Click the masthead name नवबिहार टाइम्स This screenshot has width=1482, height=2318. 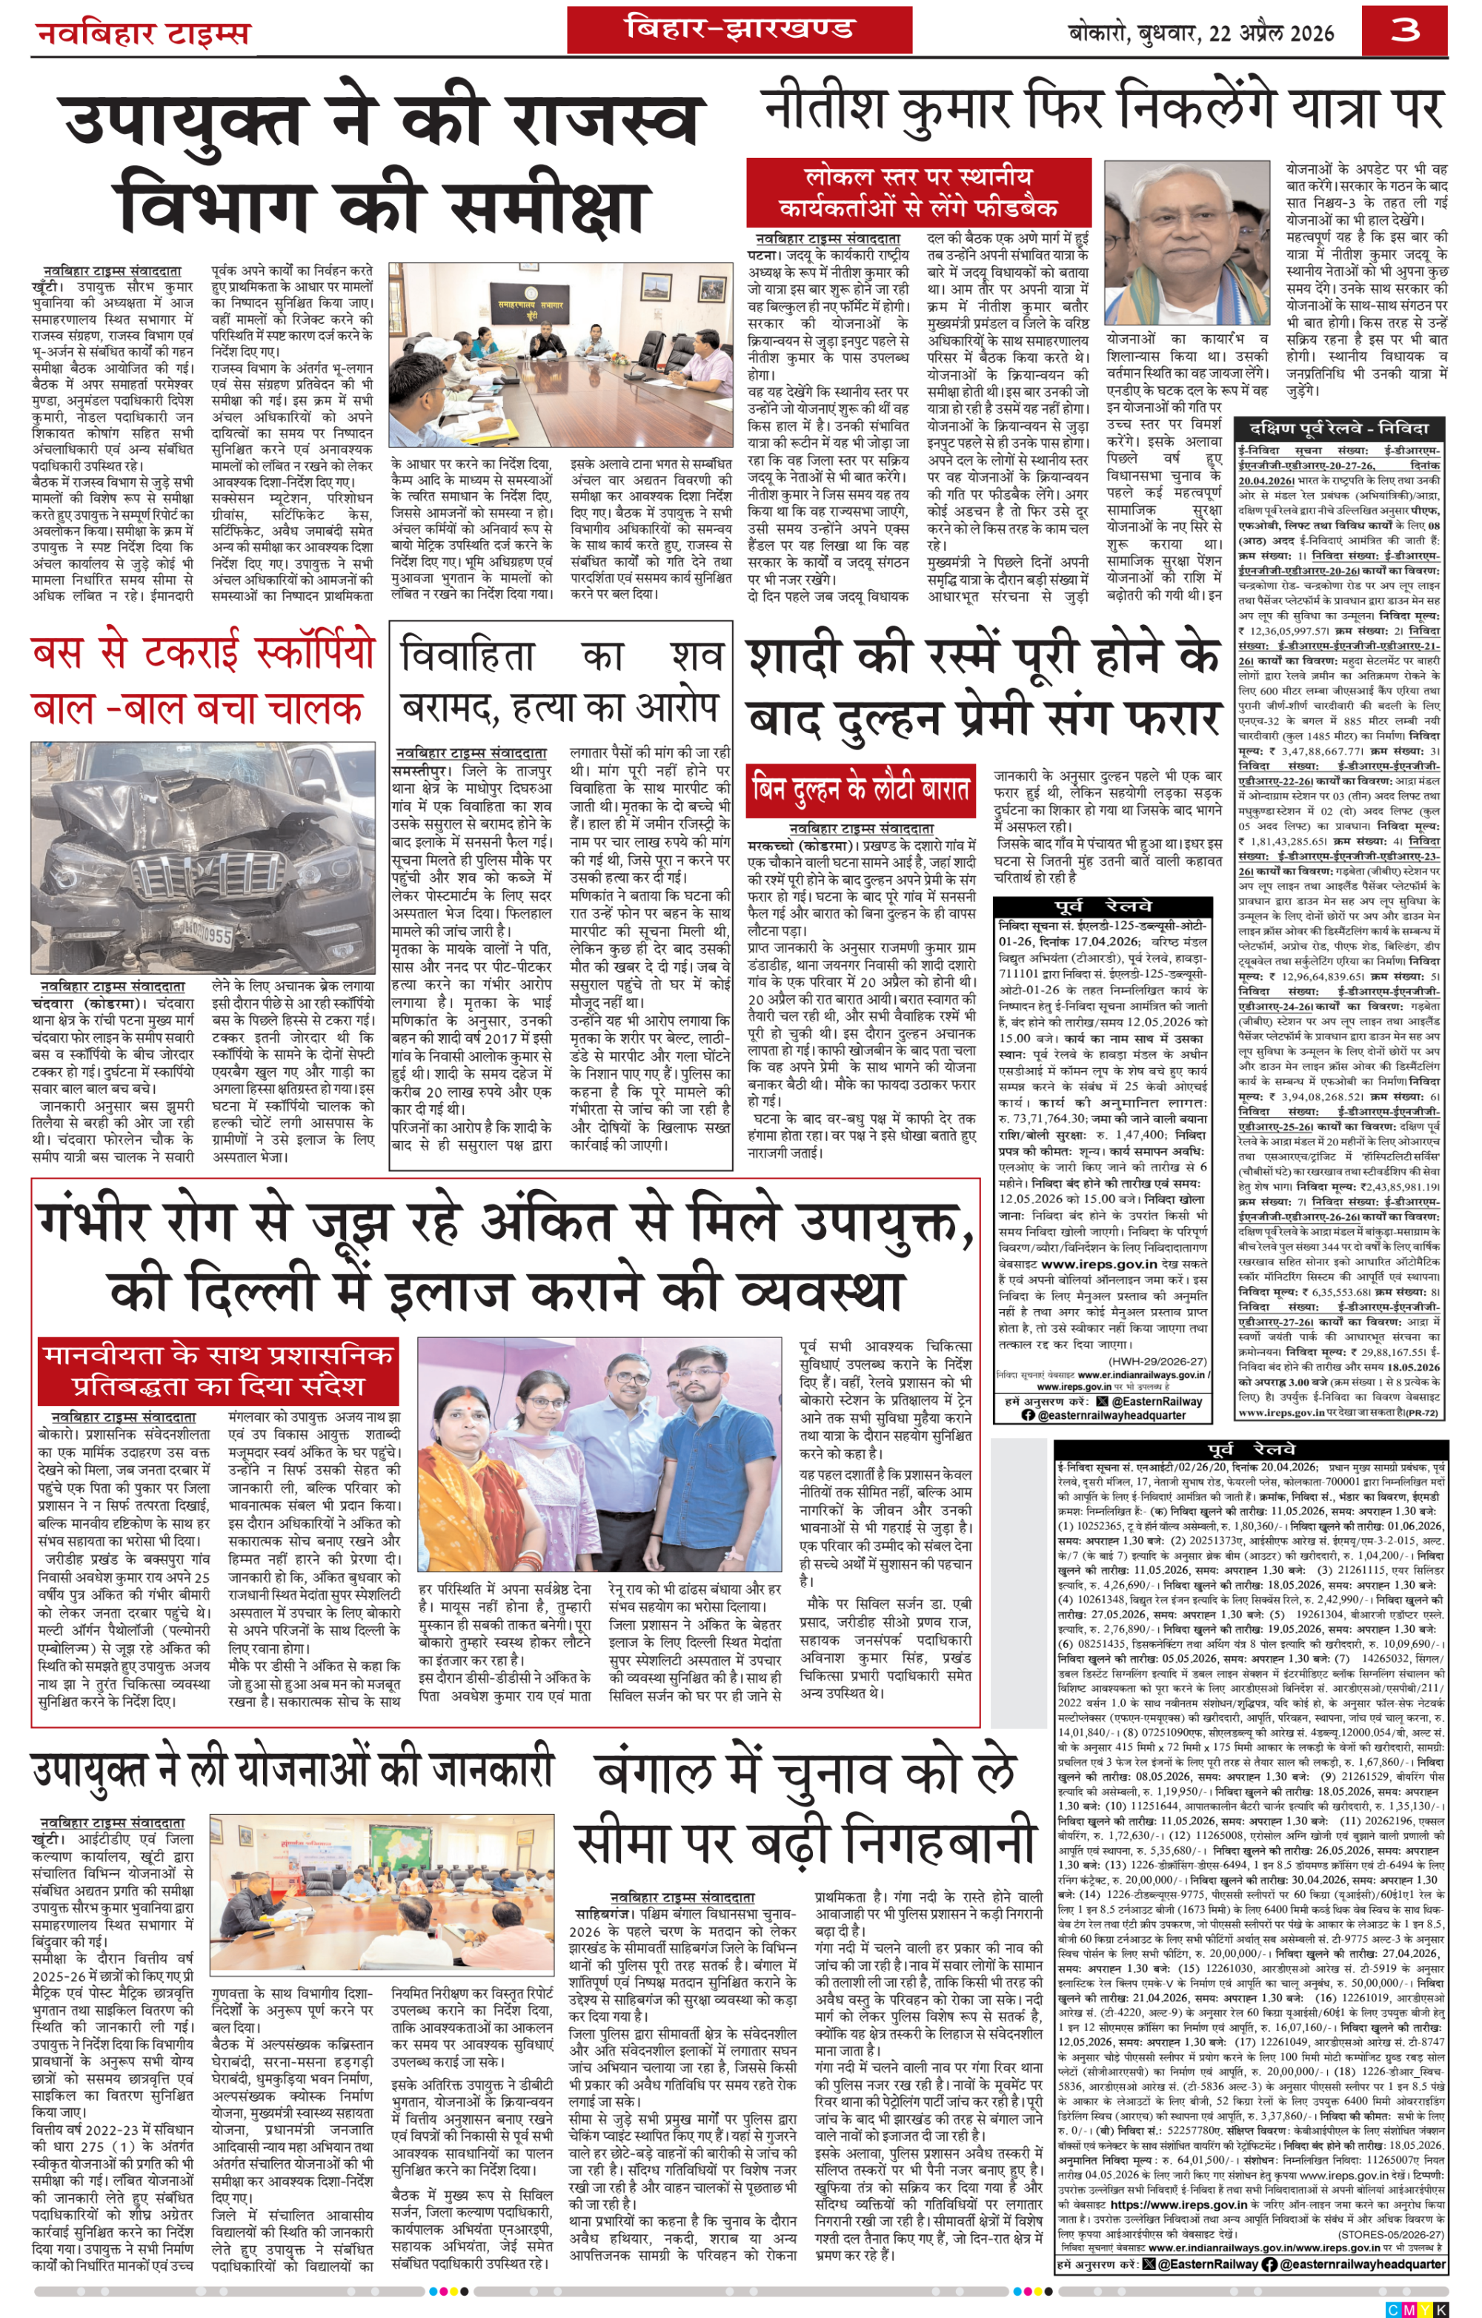pos(142,35)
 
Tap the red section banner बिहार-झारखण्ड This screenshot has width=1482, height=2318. pos(738,29)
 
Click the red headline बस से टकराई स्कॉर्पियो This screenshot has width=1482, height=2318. pos(202,652)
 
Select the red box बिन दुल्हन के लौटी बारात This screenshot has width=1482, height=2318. pos(861,789)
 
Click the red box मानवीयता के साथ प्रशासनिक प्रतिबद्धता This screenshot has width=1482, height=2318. pos(219,1370)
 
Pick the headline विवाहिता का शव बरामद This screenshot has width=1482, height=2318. pos(561,681)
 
